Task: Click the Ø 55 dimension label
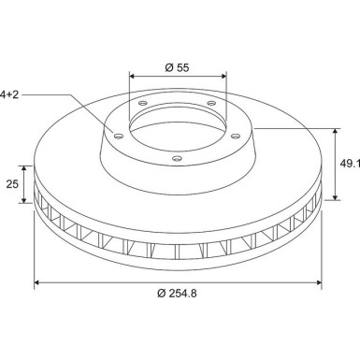[177, 67]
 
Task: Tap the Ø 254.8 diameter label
[177, 294]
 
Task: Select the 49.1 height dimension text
[350, 164]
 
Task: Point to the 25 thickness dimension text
[12, 184]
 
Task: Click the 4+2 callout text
[9, 94]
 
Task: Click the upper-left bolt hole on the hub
[142, 103]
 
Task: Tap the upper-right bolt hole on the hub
[211, 103]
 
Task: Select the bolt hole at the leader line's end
[119, 136]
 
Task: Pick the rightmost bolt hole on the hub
[236, 136]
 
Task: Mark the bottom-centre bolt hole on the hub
[177, 159]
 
